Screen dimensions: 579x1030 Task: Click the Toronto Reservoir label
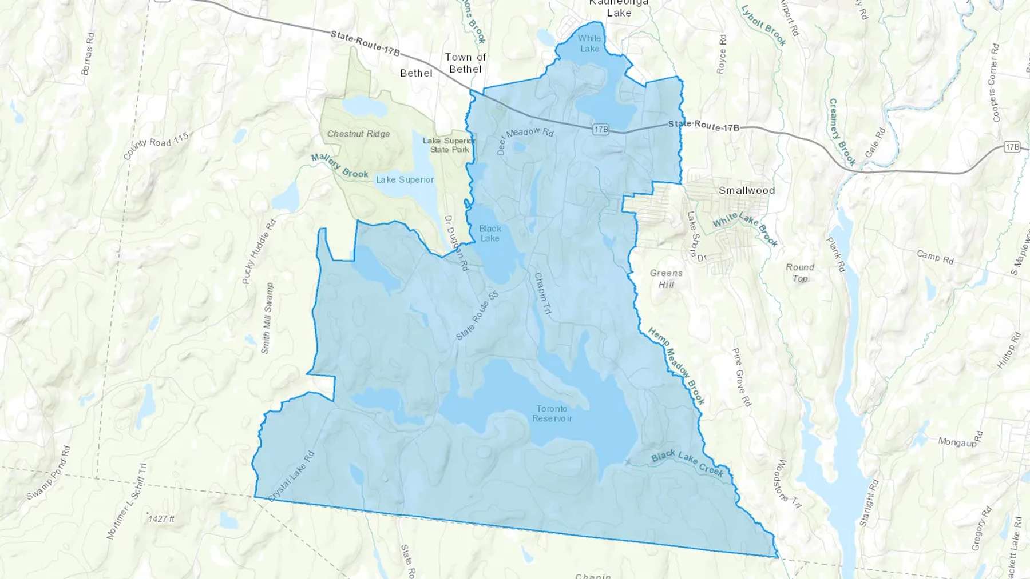coord(552,413)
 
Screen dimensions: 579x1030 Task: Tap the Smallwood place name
coord(747,190)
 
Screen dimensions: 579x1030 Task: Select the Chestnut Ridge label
coord(359,134)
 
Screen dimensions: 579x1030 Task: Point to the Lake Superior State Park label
coord(450,145)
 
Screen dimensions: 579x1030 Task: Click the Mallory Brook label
coord(340,166)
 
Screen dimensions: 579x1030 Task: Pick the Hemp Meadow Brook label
coord(676,366)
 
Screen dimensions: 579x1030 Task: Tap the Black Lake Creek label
coord(687,463)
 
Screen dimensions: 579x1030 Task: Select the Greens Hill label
coord(666,278)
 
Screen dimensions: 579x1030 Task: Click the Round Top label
coord(800,273)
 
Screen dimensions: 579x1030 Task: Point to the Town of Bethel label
coord(465,63)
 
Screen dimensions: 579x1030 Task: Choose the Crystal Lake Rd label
coord(292,477)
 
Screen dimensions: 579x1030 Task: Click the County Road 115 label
coord(156,146)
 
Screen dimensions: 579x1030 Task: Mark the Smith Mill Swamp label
coord(267,318)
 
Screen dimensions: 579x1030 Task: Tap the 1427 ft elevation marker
coord(161,518)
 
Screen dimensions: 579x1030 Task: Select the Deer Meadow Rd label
coord(525,140)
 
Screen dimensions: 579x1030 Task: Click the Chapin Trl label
coord(542,293)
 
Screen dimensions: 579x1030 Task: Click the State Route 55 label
coord(477,316)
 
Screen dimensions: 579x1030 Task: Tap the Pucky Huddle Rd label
coord(259,251)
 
